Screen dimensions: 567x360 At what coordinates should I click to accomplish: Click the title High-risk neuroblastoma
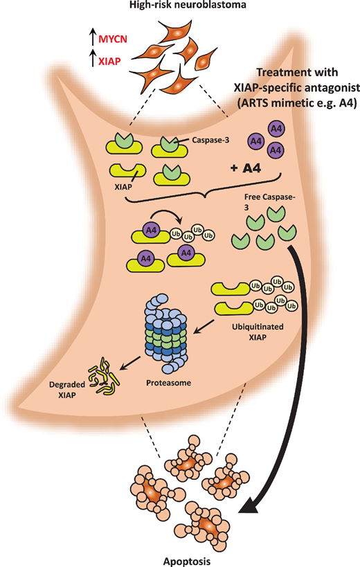coord(179,6)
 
